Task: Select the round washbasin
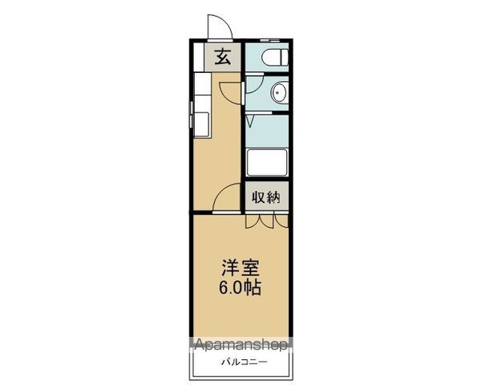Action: point(278,92)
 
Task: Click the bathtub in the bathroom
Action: point(267,164)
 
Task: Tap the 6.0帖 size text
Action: point(240,288)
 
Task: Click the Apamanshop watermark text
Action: point(240,346)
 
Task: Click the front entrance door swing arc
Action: point(216,26)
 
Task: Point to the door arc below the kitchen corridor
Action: point(228,198)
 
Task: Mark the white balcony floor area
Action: point(240,371)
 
